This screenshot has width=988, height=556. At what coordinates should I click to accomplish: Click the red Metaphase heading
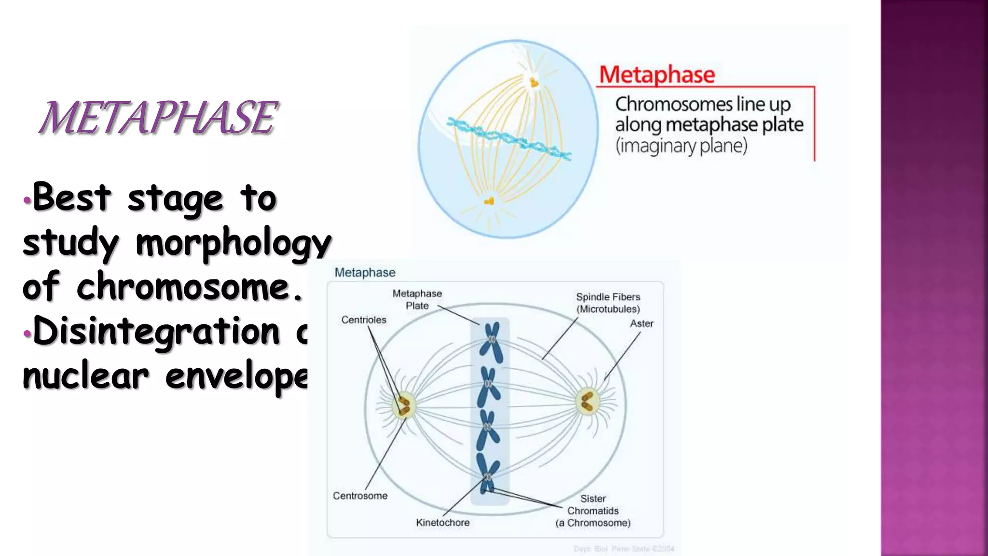pos(657,75)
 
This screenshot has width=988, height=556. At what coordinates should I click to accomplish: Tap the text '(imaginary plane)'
pos(681,145)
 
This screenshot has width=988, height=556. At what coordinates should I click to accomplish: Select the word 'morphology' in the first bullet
pos(233,243)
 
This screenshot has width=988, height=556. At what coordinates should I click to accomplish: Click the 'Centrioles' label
pos(364,320)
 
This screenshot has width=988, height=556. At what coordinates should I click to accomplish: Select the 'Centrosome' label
pos(360,496)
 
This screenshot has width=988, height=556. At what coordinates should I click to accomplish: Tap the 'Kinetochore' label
pos(442,523)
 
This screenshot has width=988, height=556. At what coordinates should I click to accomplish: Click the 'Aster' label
pos(641,323)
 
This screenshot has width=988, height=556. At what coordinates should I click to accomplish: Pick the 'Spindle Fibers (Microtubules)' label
pos(608,303)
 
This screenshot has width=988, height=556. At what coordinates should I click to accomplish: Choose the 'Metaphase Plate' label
pos(417,299)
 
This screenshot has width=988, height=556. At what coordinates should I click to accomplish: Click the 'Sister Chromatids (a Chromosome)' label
pos(593,511)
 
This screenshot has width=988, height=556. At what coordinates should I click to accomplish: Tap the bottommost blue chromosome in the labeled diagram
pos(487,473)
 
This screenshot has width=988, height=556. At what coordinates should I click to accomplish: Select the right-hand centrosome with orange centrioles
pos(587,402)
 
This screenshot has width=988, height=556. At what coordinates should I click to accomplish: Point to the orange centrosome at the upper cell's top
pos(534,83)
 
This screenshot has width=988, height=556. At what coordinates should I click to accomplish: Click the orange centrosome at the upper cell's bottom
pos(489,201)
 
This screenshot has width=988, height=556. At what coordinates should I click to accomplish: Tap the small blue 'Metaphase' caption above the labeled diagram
pos(365,273)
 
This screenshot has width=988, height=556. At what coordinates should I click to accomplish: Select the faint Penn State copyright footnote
pos(623,549)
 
